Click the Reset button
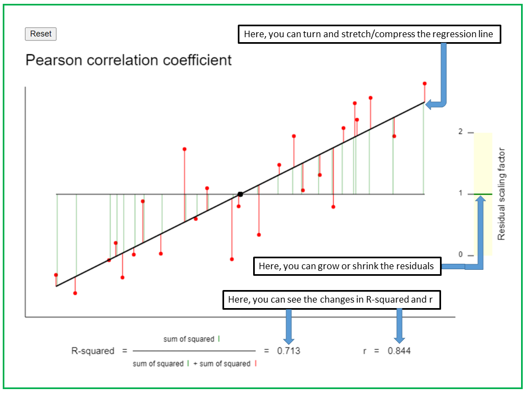(x=41, y=34)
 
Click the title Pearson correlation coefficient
(x=129, y=60)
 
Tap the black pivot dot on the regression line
(x=240, y=194)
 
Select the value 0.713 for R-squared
(x=289, y=351)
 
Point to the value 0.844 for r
(x=399, y=351)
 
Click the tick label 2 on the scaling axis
(x=461, y=132)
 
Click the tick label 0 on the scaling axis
(x=461, y=255)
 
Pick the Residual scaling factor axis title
(x=501, y=194)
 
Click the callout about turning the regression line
(x=369, y=34)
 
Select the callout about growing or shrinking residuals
(x=346, y=266)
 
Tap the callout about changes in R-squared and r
(x=331, y=300)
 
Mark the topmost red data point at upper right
(x=425, y=84)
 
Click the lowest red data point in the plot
(x=75, y=293)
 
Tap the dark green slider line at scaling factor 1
(x=483, y=194)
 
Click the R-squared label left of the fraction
(x=93, y=351)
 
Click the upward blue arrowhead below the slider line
(x=481, y=200)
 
